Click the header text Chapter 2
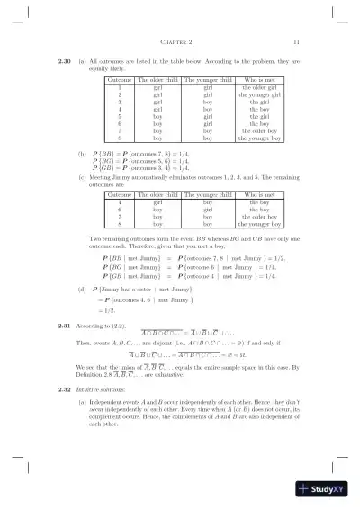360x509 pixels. pyautogui.click(x=180, y=42)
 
